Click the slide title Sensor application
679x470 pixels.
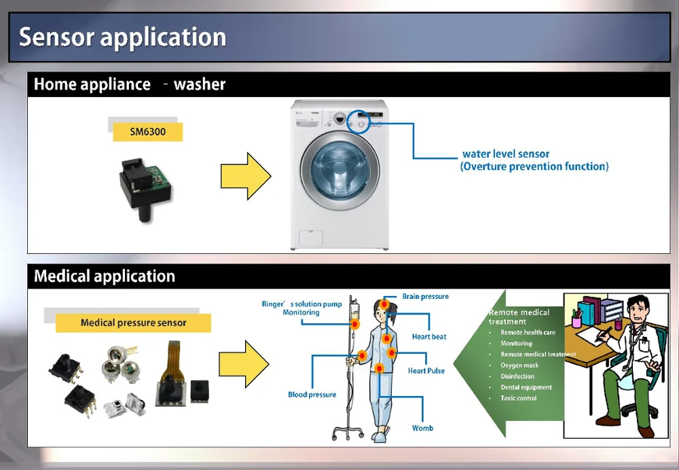pyautogui.click(x=122, y=37)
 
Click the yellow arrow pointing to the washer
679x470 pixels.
pyautogui.click(x=245, y=176)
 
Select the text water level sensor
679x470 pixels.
pyautogui.click(x=506, y=154)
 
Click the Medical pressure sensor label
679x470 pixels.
pyautogui.click(x=133, y=323)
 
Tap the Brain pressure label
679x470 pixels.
pyautogui.click(x=425, y=297)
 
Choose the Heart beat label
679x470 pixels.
pyautogui.click(x=429, y=337)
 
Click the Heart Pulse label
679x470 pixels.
pyautogui.click(x=426, y=371)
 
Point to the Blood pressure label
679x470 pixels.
pyautogui.click(x=312, y=395)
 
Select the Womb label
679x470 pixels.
pyautogui.click(x=422, y=428)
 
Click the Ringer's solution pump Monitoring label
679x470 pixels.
pyautogui.click(x=301, y=308)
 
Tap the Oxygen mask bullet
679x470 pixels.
pyautogui.click(x=519, y=365)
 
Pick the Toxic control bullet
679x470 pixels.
pyautogui.click(x=519, y=398)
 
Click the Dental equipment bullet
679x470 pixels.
pyautogui.click(x=526, y=387)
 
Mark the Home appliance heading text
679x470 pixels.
pyautogui.click(x=92, y=85)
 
